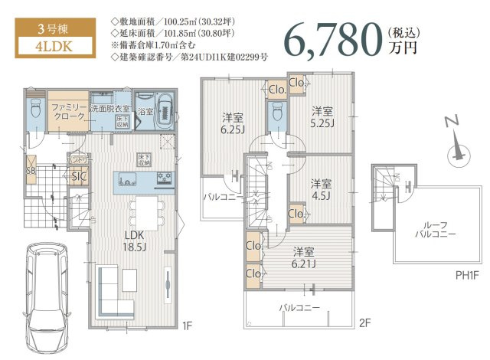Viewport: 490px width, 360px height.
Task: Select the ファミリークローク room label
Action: point(67,114)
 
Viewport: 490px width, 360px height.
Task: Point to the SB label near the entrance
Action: point(31,170)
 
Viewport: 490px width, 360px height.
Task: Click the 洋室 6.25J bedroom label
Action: point(234,123)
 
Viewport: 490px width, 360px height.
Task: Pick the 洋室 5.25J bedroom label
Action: point(322,116)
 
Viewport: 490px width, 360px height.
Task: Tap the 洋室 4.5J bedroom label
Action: point(322,188)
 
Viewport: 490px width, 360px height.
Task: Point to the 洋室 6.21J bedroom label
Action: point(304,257)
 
